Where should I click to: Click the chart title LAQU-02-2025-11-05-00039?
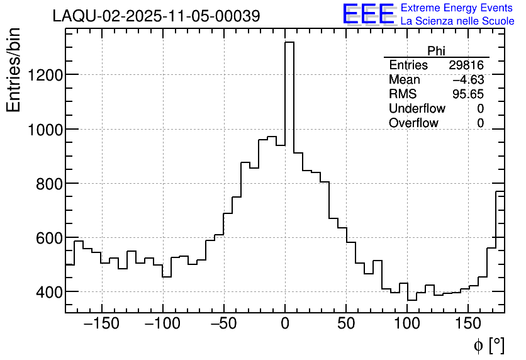coord(156,16)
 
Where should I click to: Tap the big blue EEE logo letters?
coord(369,14)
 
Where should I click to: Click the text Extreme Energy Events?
coord(457,8)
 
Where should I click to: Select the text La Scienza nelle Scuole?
coord(457,21)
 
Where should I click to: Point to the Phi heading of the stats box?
coord(436,51)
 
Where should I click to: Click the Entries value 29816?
coord(466,65)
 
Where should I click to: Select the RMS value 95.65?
coord(468,94)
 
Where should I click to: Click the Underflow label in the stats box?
coord(417,109)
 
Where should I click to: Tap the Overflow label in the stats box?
coord(413,123)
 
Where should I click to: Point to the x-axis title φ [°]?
coord(488,346)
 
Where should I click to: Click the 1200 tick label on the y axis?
coord(44,76)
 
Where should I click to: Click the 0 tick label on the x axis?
coord(285,325)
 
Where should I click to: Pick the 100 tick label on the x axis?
coord(407,325)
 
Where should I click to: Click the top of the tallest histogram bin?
coord(289,43)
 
